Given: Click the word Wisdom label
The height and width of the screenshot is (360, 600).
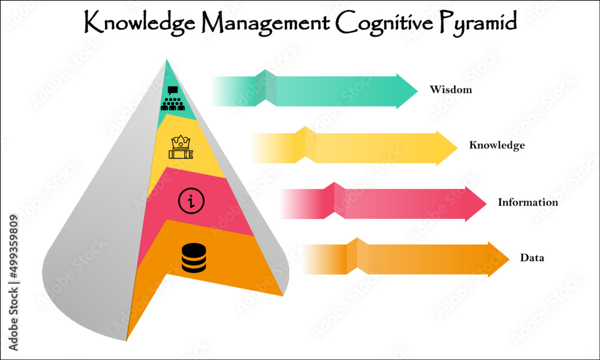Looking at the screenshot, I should [451, 91].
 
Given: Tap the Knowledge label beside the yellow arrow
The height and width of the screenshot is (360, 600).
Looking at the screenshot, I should [497, 145].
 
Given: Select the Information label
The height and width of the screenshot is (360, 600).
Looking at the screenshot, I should [527, 202].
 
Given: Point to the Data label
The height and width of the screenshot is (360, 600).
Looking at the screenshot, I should [532, 258].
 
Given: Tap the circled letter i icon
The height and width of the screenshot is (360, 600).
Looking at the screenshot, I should [191, 200].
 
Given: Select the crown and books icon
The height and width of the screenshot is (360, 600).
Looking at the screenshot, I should [181, 148].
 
